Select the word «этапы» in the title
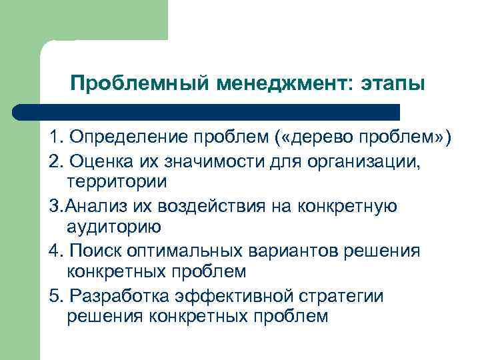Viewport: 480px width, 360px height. pyautogui.click(x=392, y=84)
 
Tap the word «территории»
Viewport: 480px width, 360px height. pyautogui.click(x=117, y=181)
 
